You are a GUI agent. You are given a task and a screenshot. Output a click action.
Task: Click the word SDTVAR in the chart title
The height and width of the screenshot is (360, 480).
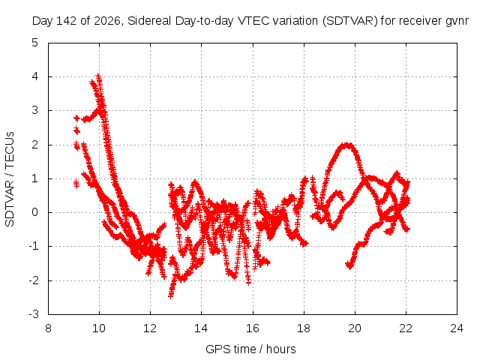[x=350, y=21]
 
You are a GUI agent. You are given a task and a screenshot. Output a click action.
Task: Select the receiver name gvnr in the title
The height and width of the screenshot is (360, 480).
[x=457, y=22]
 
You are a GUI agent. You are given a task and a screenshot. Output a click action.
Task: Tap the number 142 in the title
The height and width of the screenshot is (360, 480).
[x=67, y=21]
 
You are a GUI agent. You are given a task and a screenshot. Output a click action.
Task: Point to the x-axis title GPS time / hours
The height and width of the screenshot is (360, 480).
[x=250, y=349]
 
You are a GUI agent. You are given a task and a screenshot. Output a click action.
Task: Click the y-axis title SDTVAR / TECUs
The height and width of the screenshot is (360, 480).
[x=10, y=179]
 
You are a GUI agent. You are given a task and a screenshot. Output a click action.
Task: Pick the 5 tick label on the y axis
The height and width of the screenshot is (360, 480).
[x=35, y=43]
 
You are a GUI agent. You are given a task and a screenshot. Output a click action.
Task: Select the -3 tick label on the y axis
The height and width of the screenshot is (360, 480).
[x=34, y=314]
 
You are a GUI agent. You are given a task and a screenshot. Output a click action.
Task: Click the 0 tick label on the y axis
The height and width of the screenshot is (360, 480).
[x=35, y=212]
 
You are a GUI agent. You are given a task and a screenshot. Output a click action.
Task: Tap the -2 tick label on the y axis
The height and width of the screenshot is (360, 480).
[x=34, y=280]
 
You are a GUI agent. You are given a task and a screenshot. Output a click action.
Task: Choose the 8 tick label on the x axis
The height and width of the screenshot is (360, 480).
[x=48, y=328]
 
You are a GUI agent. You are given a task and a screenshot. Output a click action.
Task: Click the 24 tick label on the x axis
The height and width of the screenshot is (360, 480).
[x=457, y=328]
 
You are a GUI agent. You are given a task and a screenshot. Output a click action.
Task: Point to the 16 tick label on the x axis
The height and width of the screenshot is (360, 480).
[x=253, y=328]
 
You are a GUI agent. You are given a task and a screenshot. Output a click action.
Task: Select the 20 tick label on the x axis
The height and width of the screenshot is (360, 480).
[x=355, y=328]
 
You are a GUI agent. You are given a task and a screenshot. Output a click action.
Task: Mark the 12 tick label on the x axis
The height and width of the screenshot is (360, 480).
[x=150, y=328]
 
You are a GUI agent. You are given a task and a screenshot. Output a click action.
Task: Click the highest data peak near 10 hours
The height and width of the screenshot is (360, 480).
[x=98, y=75]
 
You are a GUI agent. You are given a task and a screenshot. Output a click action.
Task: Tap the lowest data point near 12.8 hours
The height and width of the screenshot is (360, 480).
[x=171, y=295]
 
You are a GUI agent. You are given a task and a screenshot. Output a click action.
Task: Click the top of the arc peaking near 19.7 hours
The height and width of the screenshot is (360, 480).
[x=346, y=145]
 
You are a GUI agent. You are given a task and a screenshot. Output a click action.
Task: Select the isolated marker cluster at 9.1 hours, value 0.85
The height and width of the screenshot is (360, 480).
[x=76, y=184]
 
